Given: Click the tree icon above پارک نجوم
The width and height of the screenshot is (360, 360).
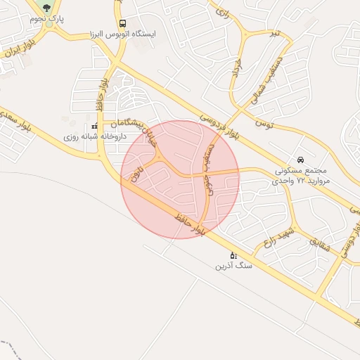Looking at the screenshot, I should coord(46,8).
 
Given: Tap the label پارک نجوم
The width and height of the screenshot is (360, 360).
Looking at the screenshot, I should coord(46,19).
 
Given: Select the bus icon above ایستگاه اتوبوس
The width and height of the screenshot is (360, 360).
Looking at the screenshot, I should coord(123,22).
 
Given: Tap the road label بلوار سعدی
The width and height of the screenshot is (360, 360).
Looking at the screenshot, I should coord(16,117).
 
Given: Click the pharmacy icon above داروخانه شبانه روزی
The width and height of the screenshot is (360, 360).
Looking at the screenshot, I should coord(94,126).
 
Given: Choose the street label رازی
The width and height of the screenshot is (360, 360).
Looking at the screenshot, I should coord(222,13).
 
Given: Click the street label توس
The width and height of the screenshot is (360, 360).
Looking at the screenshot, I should coord(264,123).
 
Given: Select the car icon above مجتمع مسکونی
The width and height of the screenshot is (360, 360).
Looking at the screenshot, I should coord(301,160).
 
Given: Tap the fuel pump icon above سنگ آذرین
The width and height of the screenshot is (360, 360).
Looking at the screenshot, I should coord(233,255).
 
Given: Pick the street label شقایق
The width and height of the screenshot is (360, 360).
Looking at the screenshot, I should coord(318,245).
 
